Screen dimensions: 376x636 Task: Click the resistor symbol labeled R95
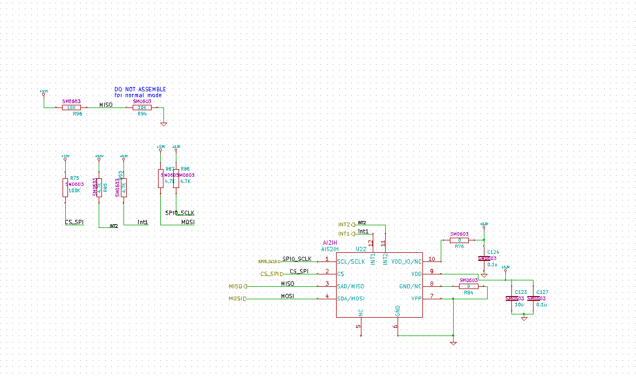point(71,108)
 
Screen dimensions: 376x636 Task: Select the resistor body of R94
point(142,108)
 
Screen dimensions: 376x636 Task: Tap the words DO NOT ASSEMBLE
point(140,89)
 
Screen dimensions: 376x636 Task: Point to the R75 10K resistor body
point(65,187)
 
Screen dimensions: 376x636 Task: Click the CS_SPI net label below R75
point(74,222)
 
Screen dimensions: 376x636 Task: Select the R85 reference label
point(105,187)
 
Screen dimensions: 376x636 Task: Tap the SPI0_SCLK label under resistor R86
point(180,213)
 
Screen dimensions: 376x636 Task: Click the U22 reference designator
point(361,249)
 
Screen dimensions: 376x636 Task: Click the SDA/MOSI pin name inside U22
point(351,298)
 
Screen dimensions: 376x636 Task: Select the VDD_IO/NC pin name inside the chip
point(406,261)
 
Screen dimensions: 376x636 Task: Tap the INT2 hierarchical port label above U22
point(344,224)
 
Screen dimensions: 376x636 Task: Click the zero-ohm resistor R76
point(459,240)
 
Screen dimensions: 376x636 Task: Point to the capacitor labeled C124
point(484,259)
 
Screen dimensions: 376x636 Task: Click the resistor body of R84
point(468,286)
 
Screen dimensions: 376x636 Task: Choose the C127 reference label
point(542,292)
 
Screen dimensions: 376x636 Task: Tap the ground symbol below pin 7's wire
point(453,343)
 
